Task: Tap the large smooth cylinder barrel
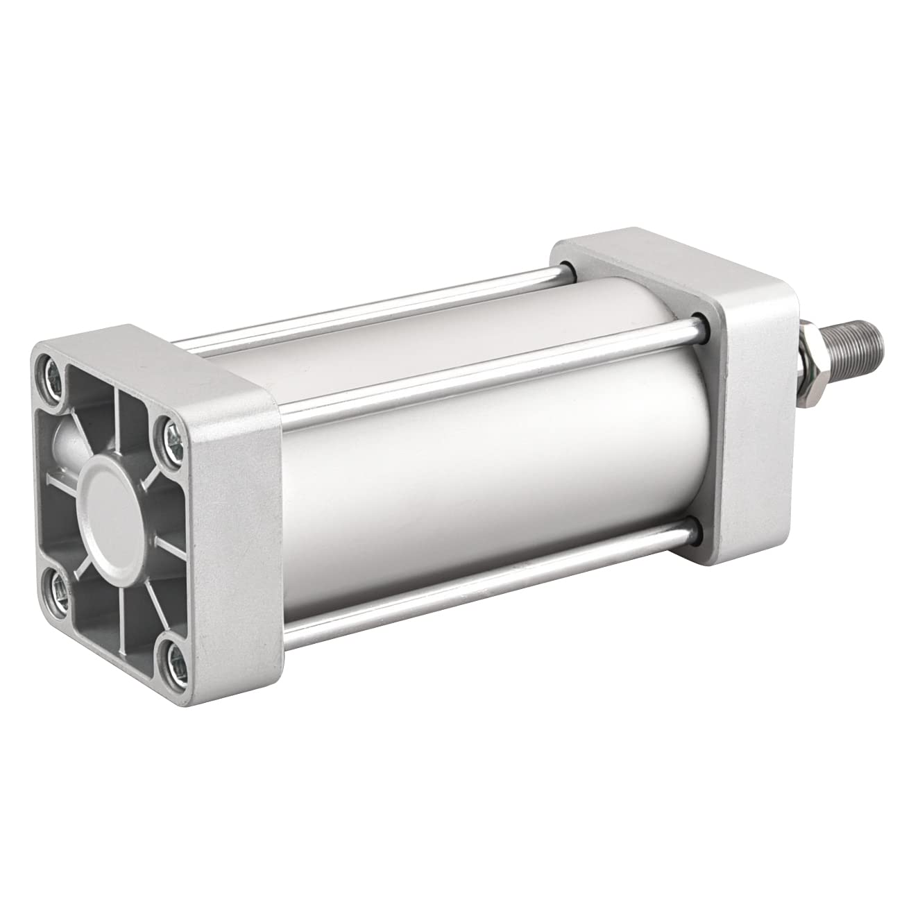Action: pos(486,444)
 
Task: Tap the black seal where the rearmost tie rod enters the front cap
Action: pos(565,267)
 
